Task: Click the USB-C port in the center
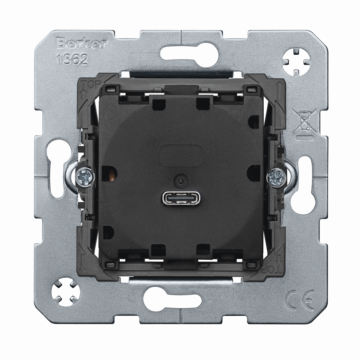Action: [181, 198]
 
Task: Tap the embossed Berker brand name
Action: [82, 43]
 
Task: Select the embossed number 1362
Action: [72, 59]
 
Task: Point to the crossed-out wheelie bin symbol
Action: [304, 125]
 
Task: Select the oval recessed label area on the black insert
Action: [181, 155]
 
